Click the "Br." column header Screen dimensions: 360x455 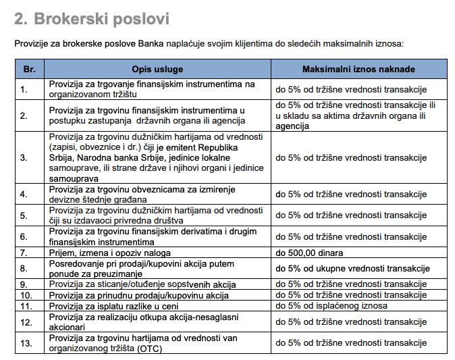pyautogui.click(x=29, y=69)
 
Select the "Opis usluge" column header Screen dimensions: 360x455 pyautogui.click(x=157, y=69)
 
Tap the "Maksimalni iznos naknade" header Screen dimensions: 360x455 pyautogui.click(x=358, y=69)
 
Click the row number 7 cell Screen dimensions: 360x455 pyautogui.click(x=24, y=253)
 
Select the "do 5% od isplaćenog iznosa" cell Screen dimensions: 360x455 pyautogui.click(x=331, y=305)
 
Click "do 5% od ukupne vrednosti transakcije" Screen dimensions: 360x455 pyautogui.click(x=352, y=268)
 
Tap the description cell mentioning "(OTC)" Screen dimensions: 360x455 pyautogui.click(x=147, y=342)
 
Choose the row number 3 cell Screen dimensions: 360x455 pyautogui.click(x=24, y=158)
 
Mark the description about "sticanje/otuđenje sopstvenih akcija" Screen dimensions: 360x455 pyautogui.click(x=144, y=284)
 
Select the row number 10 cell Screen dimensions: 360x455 pyautogui.click(x=26, y=295)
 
